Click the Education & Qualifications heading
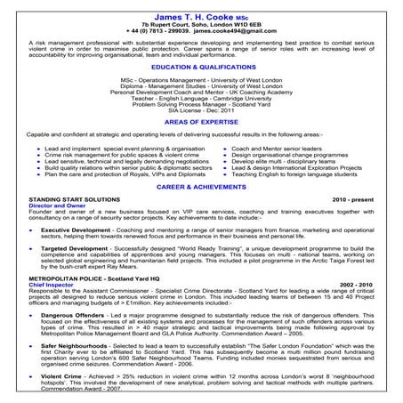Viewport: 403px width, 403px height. tap(201, 67)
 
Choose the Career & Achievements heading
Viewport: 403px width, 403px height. tap(201, 189)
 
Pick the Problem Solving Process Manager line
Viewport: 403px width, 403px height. tap(201, 101)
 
